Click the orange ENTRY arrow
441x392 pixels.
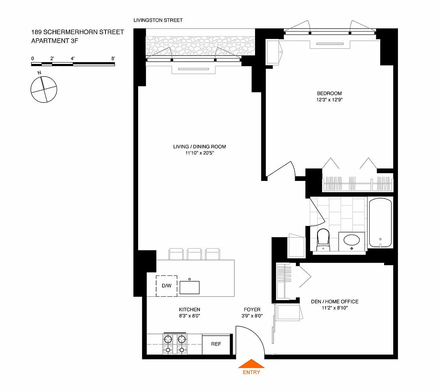[x=251, y=364]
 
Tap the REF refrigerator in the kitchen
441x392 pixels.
[x=216, y=344]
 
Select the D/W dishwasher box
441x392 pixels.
[x=166, y=286]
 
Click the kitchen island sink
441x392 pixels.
[x=190, y=288]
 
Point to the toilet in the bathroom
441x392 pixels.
[x=323, y=240]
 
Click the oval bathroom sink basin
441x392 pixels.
[x=352, y=240]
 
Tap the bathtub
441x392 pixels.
[x=380, y=222]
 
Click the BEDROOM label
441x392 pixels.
[x=329, y=93]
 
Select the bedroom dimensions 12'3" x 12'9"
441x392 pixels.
[x=329, y=100]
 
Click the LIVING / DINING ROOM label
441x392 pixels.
[x=200, y=147]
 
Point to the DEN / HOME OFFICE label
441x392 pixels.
[x=334, y=302]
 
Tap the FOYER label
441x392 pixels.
[x=252, y=310]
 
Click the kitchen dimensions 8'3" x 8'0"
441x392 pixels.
[x=190, y=316]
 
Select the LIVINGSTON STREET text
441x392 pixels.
[x=158, y=20]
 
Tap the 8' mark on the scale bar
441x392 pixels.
[x=113, y=58]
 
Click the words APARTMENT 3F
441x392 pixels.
[x=55, y=41]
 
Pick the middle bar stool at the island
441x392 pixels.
[x=194, y=254]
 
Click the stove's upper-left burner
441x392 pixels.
[x=168, y=339]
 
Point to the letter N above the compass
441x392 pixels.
[x=39, y=73]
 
